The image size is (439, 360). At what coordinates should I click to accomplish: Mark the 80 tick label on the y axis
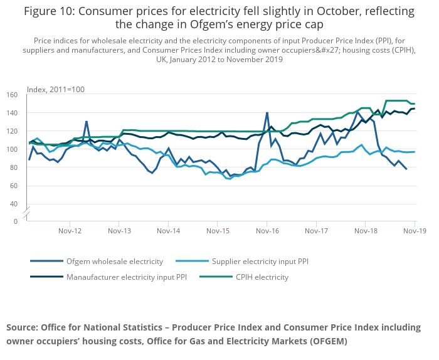click(x=13, y=167)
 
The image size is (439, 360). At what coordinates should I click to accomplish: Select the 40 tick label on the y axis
click(x=13, y=204)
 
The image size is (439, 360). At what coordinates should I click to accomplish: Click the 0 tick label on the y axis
click(x=15, y=221)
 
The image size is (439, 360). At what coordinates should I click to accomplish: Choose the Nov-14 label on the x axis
click(x=168, y=231)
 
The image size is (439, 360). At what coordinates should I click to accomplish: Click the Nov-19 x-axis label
click(x=414, y=231)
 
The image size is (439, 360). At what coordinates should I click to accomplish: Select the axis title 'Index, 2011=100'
click(x=55, y=90)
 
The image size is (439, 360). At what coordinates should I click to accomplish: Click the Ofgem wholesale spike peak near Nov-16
click(x=267, y=113)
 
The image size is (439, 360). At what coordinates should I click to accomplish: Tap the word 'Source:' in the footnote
click(x=24, y=327)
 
